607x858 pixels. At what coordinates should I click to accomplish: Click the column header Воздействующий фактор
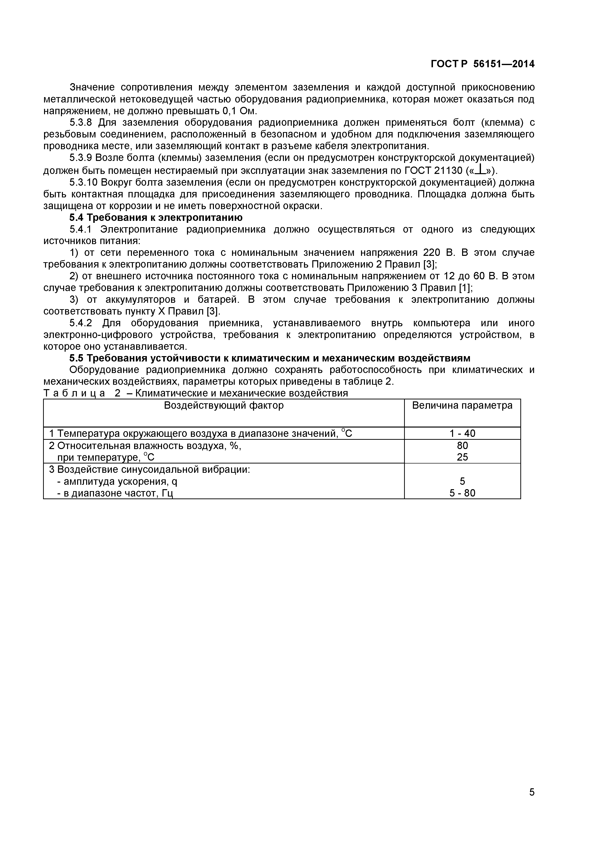click(224, 406)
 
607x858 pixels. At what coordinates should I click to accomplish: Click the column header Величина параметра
click(462, 406)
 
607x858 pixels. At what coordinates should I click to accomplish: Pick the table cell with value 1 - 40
click(462, 433)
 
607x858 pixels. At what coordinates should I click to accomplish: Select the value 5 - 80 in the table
click(462, 493)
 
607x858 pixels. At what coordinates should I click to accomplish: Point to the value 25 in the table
click(462, 457)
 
